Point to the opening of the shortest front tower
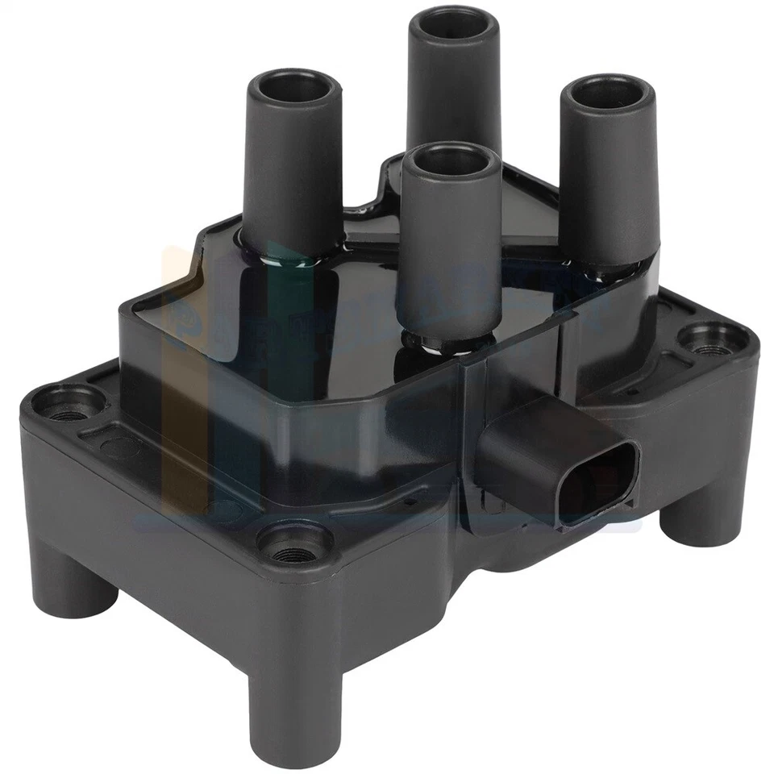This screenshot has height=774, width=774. pos(449,161)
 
